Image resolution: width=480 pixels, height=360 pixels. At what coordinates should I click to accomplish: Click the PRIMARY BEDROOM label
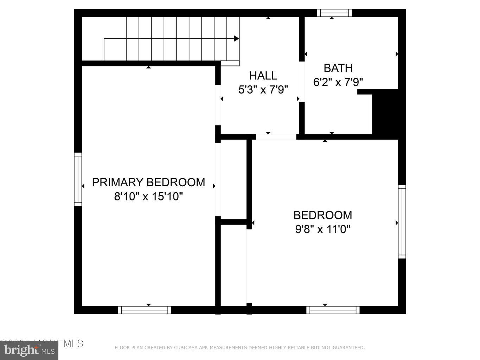pos(148,182)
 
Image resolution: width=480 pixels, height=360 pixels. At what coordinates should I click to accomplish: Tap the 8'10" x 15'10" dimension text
pos(148,196)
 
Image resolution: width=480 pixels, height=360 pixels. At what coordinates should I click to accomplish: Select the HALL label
pos(263,76)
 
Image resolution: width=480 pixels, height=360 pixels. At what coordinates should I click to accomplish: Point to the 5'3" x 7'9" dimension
pos(263,90)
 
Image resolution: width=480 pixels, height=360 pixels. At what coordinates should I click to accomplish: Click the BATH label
pos(338,68)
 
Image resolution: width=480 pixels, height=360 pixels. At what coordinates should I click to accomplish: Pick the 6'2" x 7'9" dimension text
pos(338,82)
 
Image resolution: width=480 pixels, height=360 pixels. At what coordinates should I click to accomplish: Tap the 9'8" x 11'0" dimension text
pos(322,229)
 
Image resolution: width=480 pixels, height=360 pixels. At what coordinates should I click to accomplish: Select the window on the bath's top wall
pos(334,13)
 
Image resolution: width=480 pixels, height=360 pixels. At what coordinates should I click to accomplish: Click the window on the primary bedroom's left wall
pos(78,179)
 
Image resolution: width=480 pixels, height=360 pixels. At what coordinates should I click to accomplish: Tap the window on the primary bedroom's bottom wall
pos(145,310)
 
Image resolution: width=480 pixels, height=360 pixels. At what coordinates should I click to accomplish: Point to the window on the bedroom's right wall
pos(402,221)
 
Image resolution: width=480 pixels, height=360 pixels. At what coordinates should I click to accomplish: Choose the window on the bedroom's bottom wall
pos(333,310)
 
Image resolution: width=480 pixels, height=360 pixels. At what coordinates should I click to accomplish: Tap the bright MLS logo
pos(29,350)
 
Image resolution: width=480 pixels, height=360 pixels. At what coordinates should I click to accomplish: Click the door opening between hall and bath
pos(302,82)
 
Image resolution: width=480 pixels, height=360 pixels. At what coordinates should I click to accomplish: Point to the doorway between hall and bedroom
pos(276,137)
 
